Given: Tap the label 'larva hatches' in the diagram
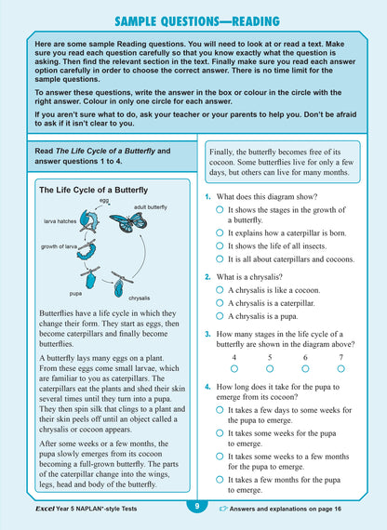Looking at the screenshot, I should (61, 222).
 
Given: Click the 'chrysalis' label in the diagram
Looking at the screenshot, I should (140, 298).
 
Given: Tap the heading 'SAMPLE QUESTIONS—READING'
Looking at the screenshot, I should (194, 19).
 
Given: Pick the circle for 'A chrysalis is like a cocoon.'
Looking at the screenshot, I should (220, 290).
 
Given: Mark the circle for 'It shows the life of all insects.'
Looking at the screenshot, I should (220, 246).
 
